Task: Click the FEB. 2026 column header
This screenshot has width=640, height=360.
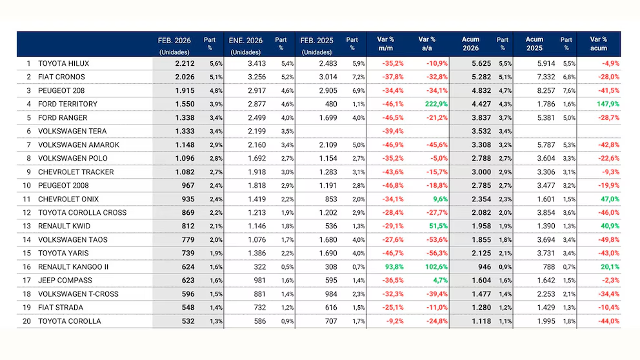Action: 174,40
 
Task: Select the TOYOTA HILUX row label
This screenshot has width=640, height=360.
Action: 63,63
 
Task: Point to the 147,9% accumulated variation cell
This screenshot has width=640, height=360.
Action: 606,104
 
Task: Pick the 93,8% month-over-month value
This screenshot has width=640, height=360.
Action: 392,266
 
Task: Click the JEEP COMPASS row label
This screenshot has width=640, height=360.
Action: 65,280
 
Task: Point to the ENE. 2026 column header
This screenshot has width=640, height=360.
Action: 246,40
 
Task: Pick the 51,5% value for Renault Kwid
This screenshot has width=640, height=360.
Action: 437,226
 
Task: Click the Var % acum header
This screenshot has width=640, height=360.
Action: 598,44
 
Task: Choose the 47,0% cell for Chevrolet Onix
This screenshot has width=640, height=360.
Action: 608,199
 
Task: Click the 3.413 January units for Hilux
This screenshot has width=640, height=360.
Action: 260,63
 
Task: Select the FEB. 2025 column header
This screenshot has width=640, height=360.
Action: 317,40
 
